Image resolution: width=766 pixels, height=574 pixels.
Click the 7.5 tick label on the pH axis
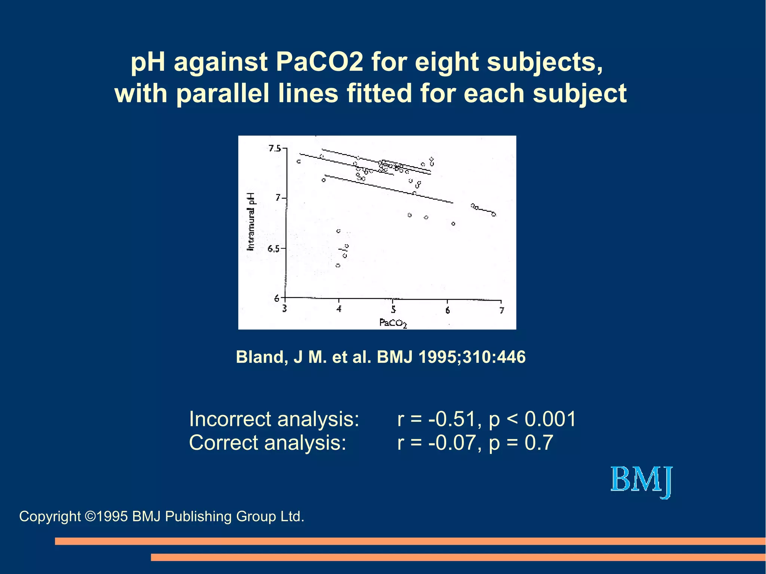[x=275, y=149]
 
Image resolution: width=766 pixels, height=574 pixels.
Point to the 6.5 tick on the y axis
[x=273, y=249]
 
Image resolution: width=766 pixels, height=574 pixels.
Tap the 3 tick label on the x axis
[x=285, y=309]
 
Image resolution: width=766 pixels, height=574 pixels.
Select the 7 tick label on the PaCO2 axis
[x=502, y=310]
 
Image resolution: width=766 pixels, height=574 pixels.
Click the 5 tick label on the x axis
[x=393, y=310]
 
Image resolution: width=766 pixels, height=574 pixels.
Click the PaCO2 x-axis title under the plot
[x=393, y=323]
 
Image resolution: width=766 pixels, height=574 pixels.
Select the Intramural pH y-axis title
[x=251, y=221]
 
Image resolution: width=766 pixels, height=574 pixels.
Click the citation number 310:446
[x=494, y=357]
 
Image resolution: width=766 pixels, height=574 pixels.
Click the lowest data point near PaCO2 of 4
[x=338, y=265]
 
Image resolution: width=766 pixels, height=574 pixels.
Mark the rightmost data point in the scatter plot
[x=494, y=214]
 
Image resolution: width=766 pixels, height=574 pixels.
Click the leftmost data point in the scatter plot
[x=298, y=162]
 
